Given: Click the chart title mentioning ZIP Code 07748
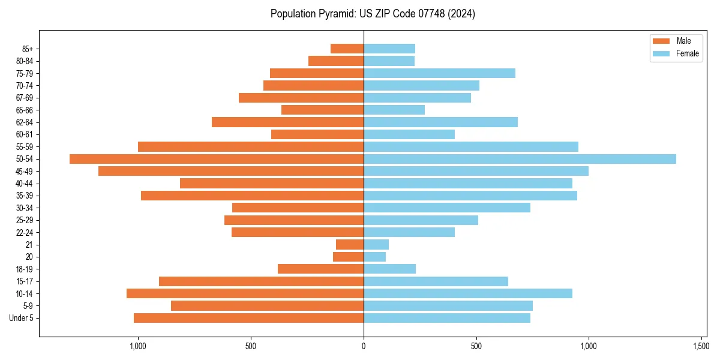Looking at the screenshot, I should [373, 14].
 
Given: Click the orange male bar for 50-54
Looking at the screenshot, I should [217, 159].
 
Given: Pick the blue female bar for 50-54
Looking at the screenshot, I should [520, 159].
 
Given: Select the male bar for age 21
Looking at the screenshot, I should [350, 245].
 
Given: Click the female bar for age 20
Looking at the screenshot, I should [374, 257].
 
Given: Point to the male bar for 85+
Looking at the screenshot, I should [347, 49].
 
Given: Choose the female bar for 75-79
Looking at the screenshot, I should [439, 73].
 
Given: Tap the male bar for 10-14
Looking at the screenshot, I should [245, 293].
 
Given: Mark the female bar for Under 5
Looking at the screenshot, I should [447, 318].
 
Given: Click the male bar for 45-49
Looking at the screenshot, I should [231, 171].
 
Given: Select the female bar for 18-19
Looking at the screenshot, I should [389, 269].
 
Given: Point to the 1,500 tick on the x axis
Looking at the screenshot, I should [701, 346].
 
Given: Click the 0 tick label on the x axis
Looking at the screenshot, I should [364, 346].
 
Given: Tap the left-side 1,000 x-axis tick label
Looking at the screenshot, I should [138, 346].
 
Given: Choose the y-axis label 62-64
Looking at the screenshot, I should [25, 122].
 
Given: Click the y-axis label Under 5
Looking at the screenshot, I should [21, 318].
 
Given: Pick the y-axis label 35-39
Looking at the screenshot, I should [25, 196].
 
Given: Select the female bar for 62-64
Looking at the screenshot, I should [440, 122].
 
